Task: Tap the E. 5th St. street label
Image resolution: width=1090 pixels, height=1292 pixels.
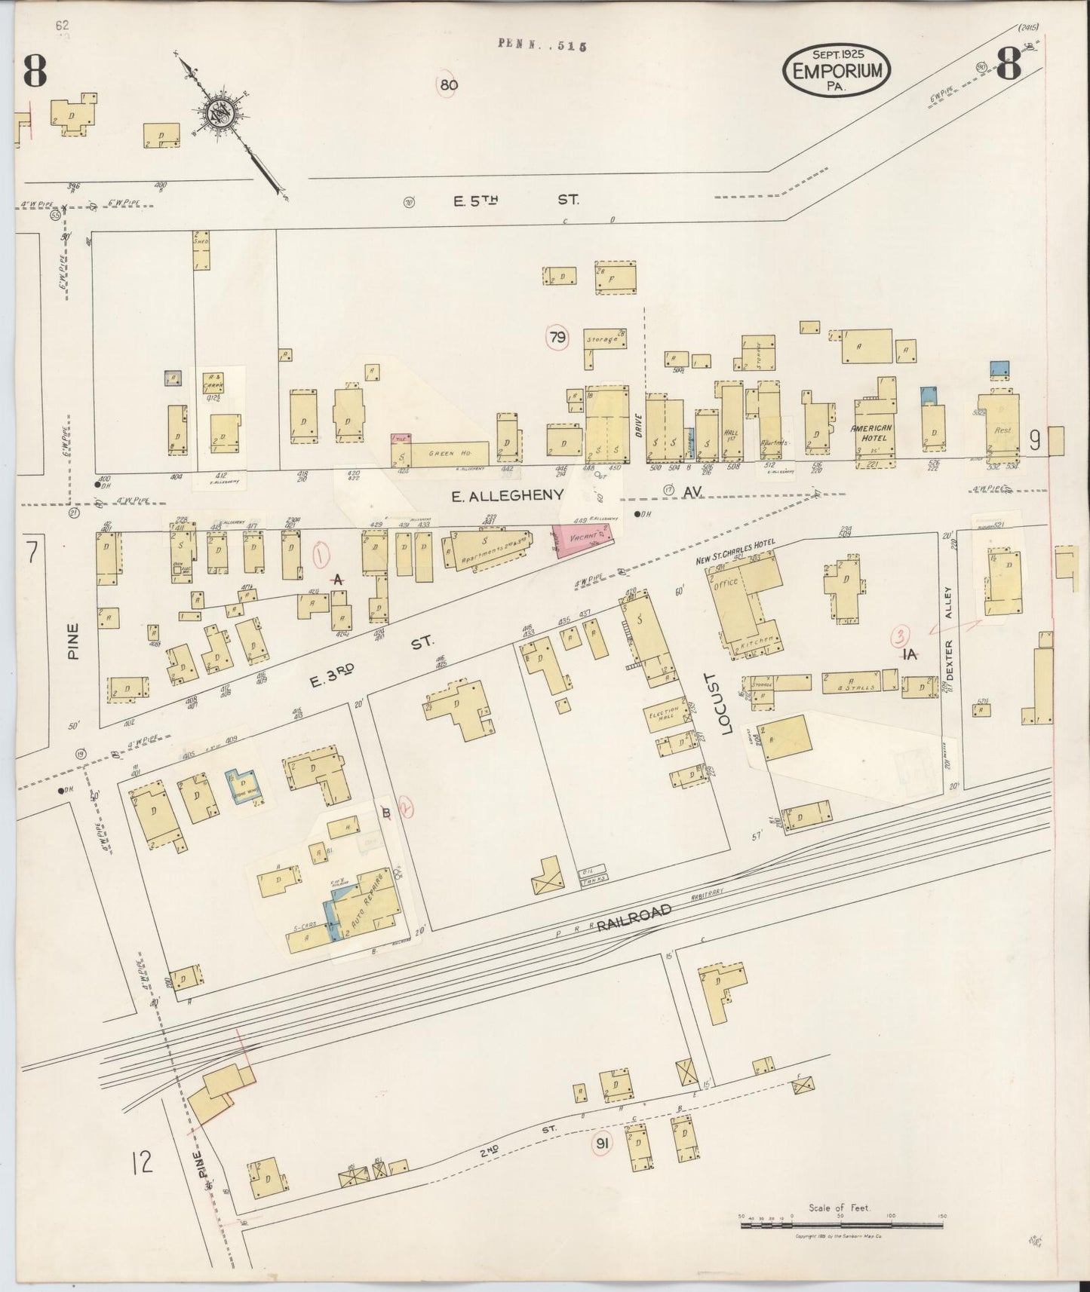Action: coord(516,201)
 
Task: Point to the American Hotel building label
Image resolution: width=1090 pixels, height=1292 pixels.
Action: coord(871,432)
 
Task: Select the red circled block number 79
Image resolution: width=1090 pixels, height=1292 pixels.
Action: coord(557,338)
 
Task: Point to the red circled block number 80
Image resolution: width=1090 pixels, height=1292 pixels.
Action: coord(448,85)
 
